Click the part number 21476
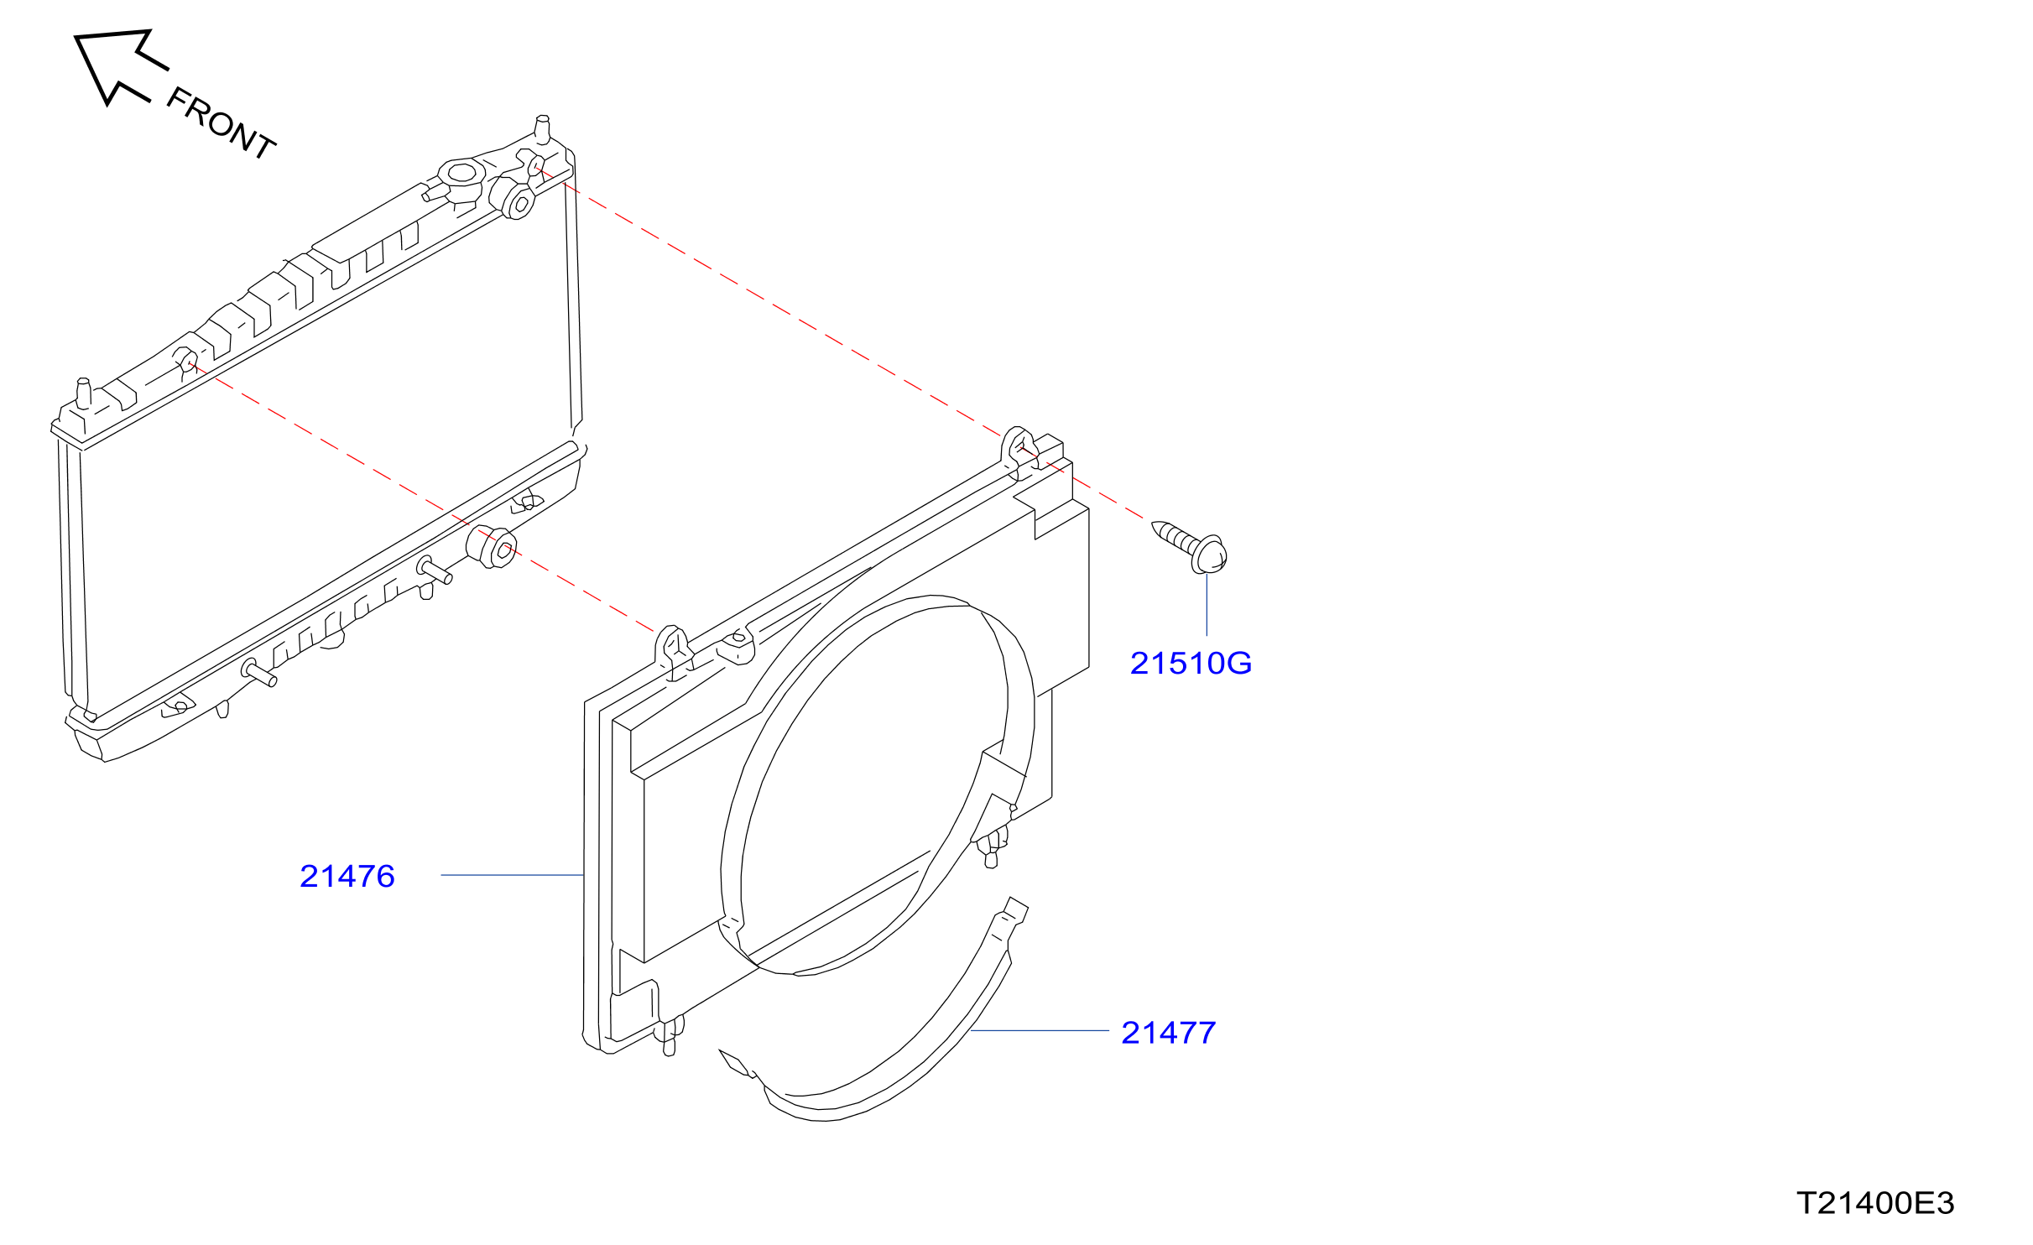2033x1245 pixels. coord(347,877)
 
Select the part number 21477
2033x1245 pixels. coord(1168,1034)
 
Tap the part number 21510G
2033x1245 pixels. coord(1191,664)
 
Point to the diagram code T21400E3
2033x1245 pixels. coord(1875,1203)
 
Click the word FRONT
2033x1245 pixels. coord(222,123)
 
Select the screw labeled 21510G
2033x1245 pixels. coord(1189,547)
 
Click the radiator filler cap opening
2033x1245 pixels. coord(461,173)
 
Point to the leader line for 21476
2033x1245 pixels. coord(512,875)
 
